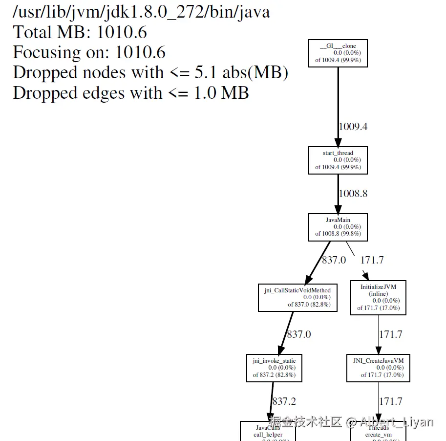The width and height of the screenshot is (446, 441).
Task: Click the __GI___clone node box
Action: coord(338,53)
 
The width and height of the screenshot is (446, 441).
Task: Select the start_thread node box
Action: coord(338,160)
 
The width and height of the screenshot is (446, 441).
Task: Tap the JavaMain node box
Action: coord(338,227)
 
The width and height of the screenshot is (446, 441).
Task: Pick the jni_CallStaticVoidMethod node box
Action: coord(297,297)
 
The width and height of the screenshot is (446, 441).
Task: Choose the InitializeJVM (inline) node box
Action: coord(378,297)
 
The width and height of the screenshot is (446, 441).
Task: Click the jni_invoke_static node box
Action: coord(274,368)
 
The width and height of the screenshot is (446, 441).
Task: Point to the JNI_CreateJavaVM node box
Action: coord(378,368)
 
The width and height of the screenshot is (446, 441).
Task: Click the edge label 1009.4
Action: coord(353,127)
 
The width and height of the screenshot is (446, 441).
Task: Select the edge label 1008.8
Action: coord(353,194)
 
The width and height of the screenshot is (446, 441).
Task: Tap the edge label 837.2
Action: coord(284,401)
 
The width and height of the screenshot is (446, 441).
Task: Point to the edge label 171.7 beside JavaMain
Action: coord(372,260)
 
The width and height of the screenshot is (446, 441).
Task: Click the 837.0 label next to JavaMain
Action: coord(334,260)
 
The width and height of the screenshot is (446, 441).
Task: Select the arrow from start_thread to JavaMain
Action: coord(338,194)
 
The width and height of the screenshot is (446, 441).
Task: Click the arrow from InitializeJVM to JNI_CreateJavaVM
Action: coord(378,334)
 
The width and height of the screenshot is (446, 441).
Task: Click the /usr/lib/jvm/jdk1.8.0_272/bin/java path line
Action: coord(141,12)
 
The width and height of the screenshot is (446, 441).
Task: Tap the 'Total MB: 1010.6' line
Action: coord(80,32)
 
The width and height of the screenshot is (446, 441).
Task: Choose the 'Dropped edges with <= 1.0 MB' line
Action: coord(131,93)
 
